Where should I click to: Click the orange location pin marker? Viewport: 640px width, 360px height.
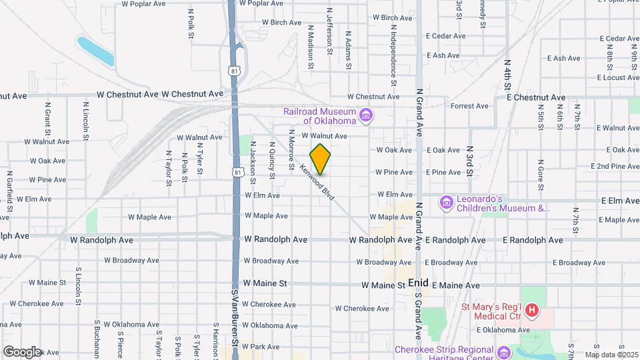click(x=321, y=159)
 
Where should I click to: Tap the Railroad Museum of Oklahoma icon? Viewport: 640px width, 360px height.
click(x=365, y=117)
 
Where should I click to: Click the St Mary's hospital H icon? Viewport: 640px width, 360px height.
click(x=531, y=310)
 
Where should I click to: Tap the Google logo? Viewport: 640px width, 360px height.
click(x=22, y=351)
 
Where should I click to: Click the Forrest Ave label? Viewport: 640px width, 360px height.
click(x=469, y=106)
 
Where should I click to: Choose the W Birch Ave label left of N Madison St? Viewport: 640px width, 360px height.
click(x=282, y=22)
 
